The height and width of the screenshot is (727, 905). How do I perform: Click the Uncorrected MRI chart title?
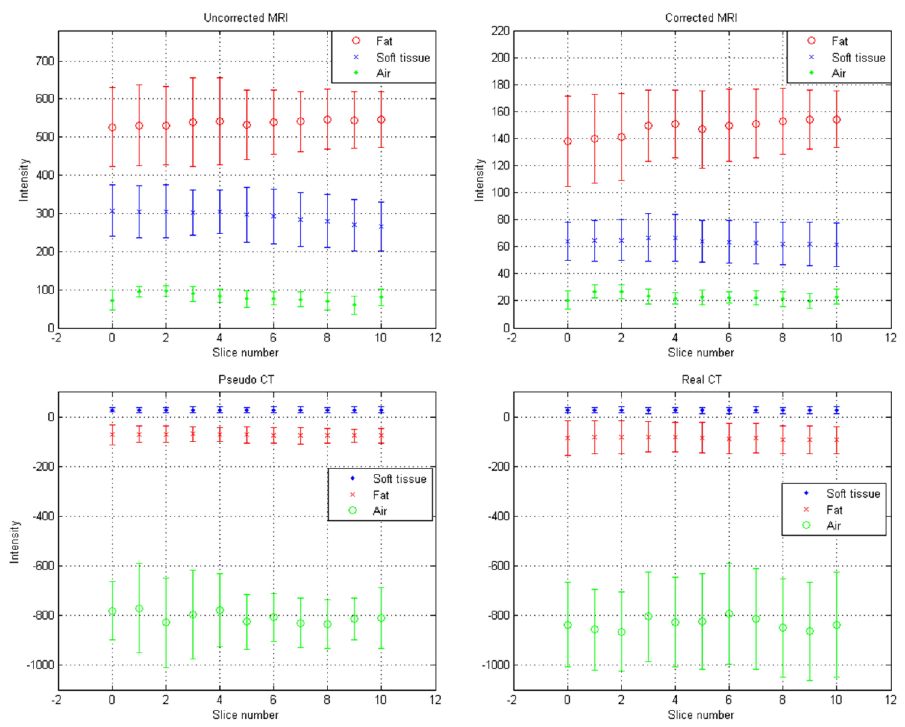pyautogui.click(x=246, y=18)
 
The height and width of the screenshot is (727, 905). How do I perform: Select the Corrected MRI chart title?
pyautogui.click(x=701, y=18)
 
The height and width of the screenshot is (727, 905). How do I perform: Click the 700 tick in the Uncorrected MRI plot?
pyautogui.click(x=45, y=61)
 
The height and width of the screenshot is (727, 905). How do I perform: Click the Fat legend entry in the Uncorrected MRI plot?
pyautogui.click(x=384, y=41)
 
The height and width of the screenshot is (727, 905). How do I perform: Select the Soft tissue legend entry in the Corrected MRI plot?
pyautogui.click(x=858, y=57)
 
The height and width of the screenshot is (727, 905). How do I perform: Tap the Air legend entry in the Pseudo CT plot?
pyautogui.click(x=379, y=511)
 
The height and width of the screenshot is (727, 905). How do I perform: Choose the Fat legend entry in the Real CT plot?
pyautogui.click(x=834, y=510)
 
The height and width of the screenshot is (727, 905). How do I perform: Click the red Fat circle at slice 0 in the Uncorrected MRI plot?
pyautogui.click(x=112, y=127)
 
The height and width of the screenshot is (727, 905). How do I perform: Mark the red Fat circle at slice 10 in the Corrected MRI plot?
pyautogui.click(x=836, y=120)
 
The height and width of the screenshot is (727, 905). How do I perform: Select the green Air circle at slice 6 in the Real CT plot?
pyautogui.click(x=729, y=614)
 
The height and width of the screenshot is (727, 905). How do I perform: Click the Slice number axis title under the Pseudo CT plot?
pyautogui.click(x=246, y=715)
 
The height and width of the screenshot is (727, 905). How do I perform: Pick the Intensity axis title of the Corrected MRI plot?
pyautogui.click(x=479, y=180)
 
